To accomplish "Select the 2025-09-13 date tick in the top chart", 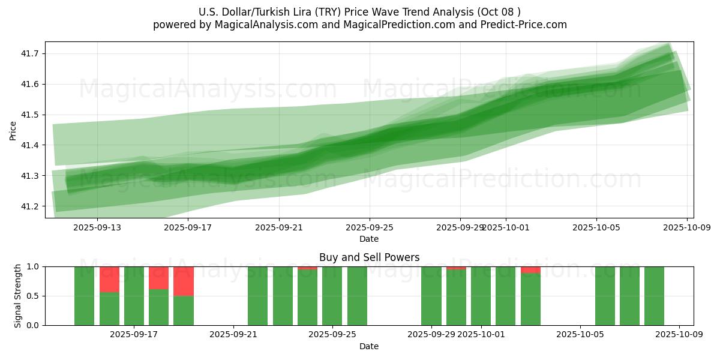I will coord(97,227).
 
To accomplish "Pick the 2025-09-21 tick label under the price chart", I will coord(279,227).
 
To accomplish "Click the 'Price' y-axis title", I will coord(13,130).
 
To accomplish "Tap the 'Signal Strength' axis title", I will coord(18,296).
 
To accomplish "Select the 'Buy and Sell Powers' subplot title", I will coord(369,257).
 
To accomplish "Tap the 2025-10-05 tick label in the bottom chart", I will coord(580,334).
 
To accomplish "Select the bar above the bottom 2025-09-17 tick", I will coord(134,296).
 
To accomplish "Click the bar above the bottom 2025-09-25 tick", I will coord(332,296).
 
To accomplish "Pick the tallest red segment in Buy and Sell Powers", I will coord(184,281).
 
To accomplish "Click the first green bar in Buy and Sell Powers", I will coord(84,296).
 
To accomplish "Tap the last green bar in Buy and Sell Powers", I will coord(654,296).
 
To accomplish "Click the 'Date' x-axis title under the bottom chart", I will coord(369,346).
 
